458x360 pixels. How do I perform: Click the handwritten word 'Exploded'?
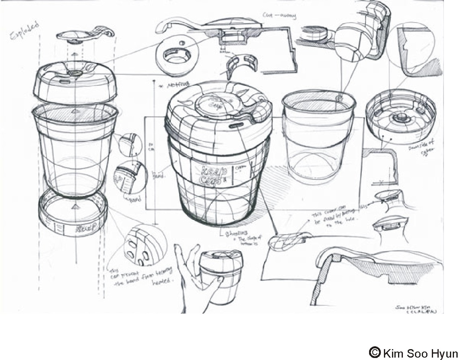tap(25, 30)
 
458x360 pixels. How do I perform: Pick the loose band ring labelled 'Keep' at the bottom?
tap(73, 218)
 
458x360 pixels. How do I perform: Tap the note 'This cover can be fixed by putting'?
tap(334, 217)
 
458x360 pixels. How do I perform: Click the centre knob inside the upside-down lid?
tap(400, 117)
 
